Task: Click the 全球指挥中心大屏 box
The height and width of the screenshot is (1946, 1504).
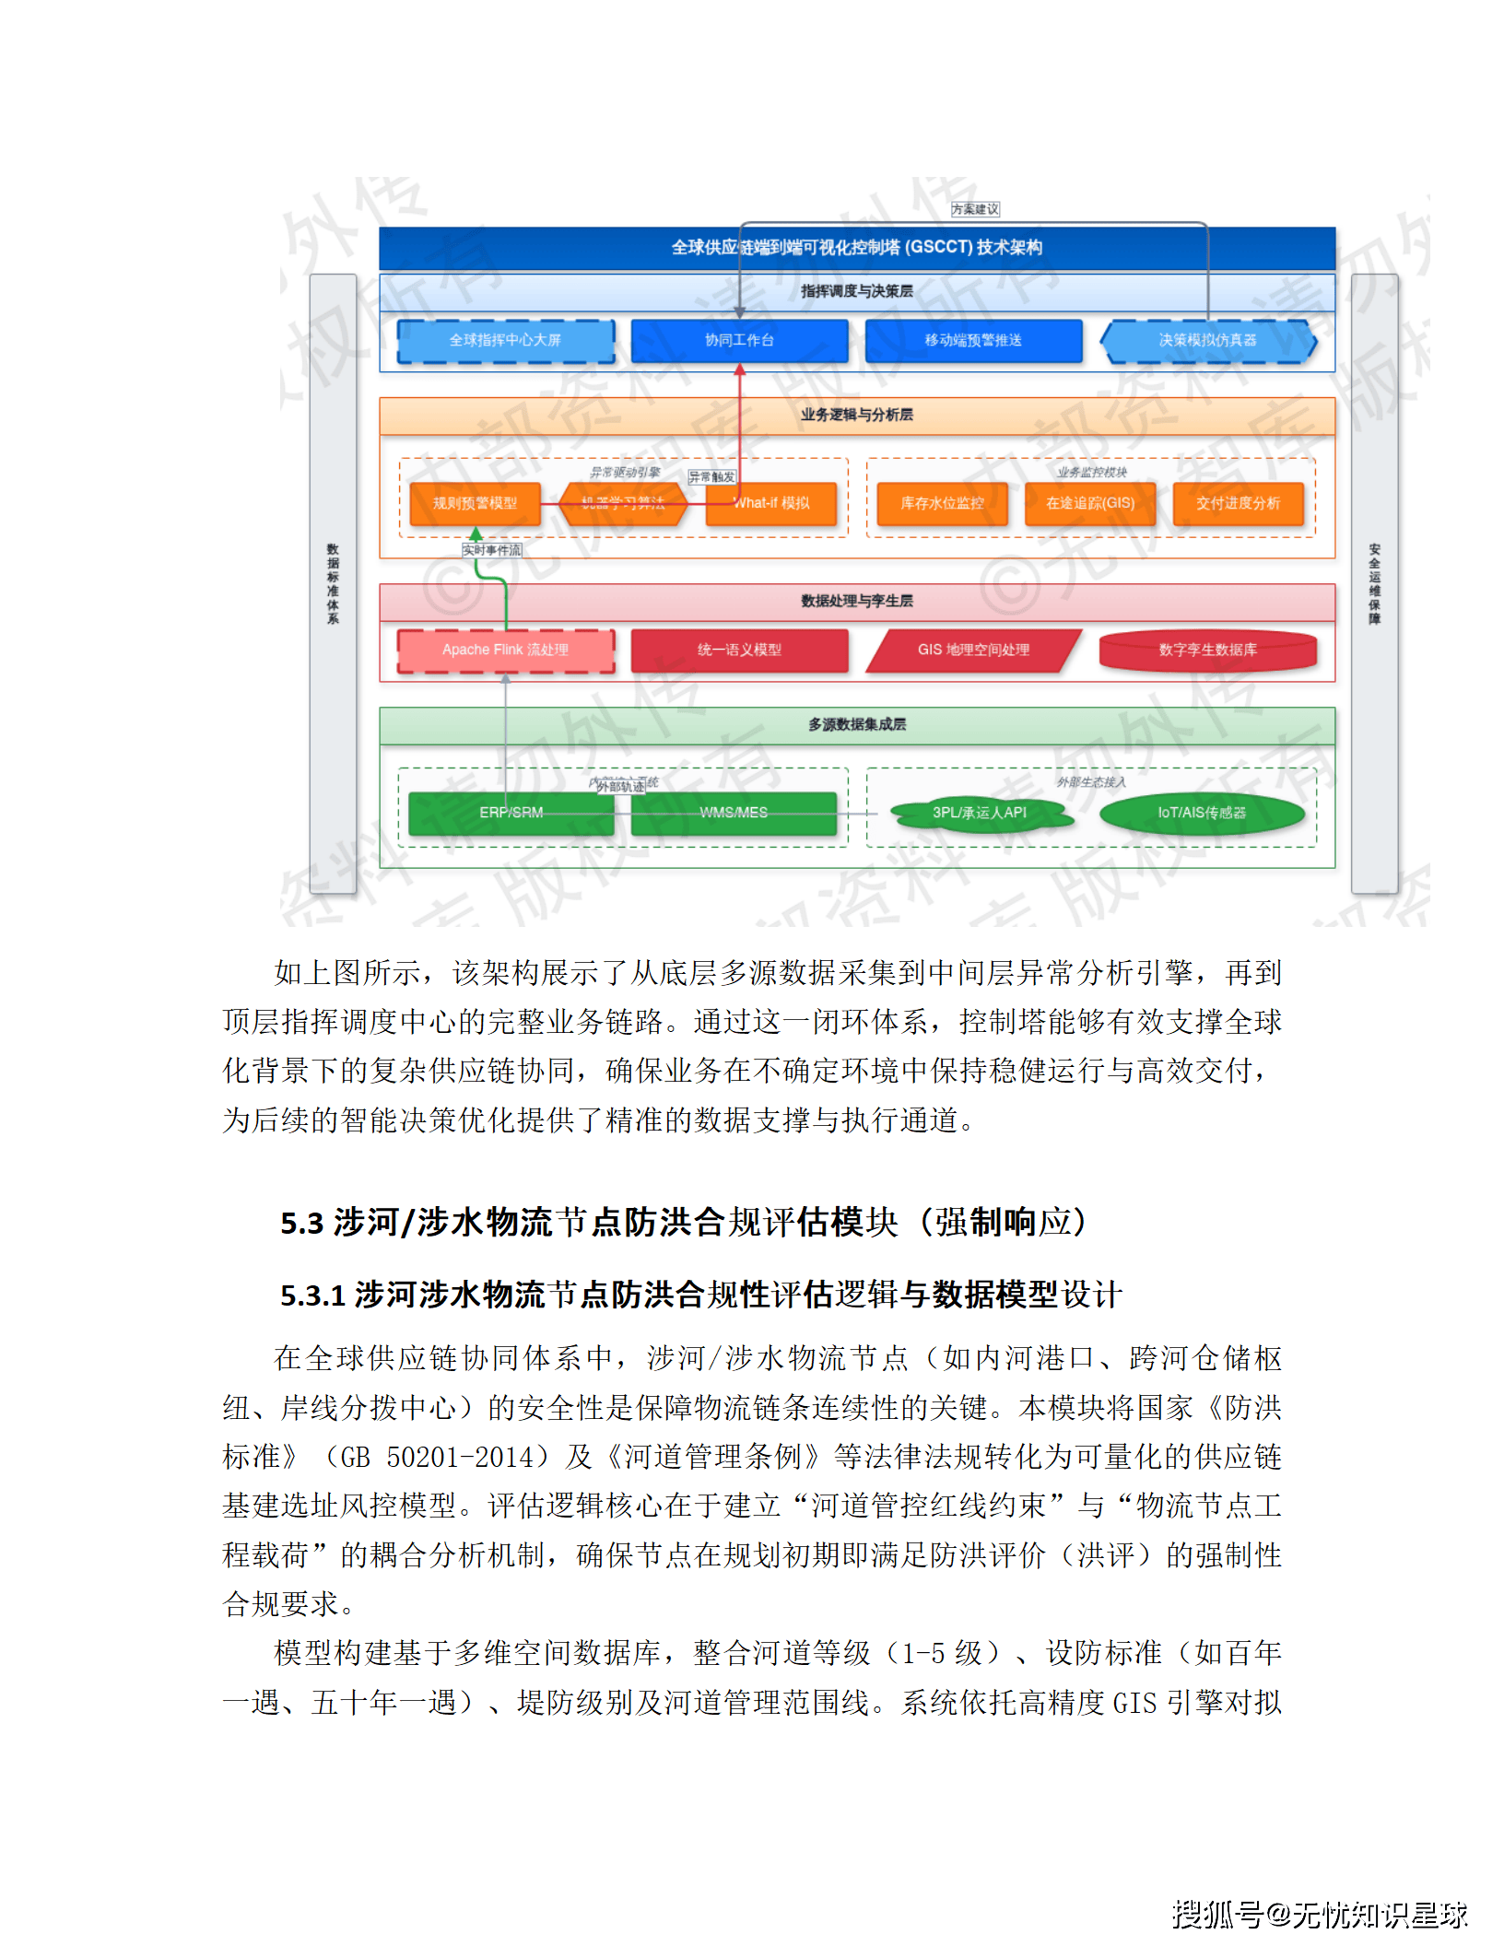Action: [x=505, y=341]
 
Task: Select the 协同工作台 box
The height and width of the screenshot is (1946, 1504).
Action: [x=739, y=341]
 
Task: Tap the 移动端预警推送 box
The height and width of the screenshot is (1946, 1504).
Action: [x=973, y=341]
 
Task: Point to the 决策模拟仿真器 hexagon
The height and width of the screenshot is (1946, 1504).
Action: [x=1207, y=341]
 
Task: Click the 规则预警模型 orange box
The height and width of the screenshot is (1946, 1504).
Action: [x=475, y=503]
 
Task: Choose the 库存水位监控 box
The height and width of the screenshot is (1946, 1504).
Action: [x=942, y=503]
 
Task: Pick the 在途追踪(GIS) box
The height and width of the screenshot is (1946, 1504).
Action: [x=1090, y=503]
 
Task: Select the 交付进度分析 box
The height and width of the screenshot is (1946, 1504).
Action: [x=1238, y=503]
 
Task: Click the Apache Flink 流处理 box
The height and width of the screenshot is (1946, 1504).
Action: [x=505, y=651]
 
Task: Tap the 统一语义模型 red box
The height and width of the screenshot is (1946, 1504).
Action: [x=739, y=651]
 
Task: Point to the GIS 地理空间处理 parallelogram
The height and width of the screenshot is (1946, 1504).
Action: [x=973, y=651]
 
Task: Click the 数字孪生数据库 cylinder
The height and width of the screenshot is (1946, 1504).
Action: [x=1207, y=651]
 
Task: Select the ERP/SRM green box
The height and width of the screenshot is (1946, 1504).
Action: [x=511, y=813]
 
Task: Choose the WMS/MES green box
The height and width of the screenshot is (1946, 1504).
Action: [x=734, y=813]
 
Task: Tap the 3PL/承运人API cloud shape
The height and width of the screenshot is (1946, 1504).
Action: [x=979, y=813]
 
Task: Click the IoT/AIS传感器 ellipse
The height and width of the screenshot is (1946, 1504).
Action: [x=1202, y=813]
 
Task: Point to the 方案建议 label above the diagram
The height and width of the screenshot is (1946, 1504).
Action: [x=975, y=209]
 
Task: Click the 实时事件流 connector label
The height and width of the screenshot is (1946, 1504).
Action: [x=491, y=550]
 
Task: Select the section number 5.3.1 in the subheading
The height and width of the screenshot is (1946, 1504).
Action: [x=312, y=1295]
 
